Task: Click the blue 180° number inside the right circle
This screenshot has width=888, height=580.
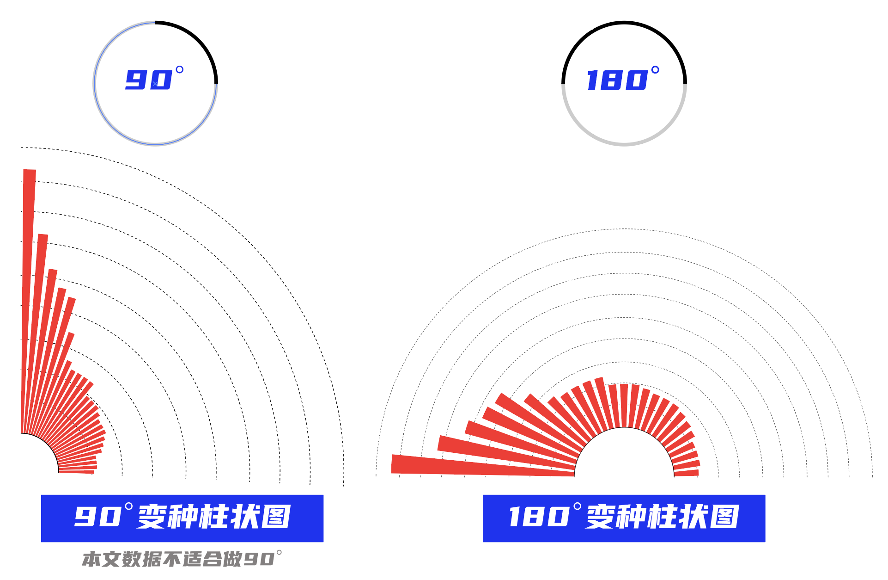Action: click(617, 80)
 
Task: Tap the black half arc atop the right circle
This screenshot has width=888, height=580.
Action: click(624, 22)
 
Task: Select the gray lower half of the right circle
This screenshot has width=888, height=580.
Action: click(624, 144)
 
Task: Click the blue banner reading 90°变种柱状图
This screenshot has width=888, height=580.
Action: click(182, 518)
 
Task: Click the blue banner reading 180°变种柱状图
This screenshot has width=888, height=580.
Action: click(624, 518)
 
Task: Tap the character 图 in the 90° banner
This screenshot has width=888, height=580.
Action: click(276, 517)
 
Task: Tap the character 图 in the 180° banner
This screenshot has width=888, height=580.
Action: click(724, 517)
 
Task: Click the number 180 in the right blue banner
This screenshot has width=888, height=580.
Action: click(539, 517)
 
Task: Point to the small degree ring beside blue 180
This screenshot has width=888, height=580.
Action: click(655, 70)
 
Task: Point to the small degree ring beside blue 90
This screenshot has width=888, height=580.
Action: click(180, 69)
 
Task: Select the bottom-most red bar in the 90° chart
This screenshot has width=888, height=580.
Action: click(76, 471)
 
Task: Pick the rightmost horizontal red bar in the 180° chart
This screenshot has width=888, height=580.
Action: click(687, 473)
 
